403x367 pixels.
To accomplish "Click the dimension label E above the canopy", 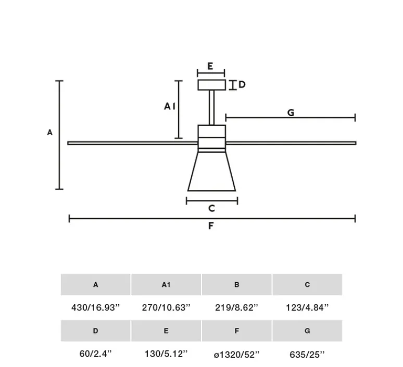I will (x=210, y=66).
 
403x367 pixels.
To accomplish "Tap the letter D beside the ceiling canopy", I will (x=242, y=84).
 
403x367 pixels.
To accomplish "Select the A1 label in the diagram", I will (x=170, y=106).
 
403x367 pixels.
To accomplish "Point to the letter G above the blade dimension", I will (x=291, y=112).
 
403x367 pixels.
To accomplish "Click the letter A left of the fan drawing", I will (x=50, y=132).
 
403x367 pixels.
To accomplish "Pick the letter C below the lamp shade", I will (x=211, y=208).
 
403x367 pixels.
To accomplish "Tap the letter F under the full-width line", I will (x=211, y=226).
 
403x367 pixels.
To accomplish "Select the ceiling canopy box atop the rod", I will (x=211, y=84).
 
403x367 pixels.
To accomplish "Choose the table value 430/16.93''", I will (x=95, y=308).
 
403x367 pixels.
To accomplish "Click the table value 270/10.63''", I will (x=166, y=308).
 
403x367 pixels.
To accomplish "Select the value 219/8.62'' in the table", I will (x=236, y=308).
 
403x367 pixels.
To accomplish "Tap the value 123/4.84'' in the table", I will (x=307, y=308).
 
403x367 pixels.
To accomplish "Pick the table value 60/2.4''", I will (x=95, y=354).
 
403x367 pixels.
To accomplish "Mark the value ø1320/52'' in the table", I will (x=236, y=354).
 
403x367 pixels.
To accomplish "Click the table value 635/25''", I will (x=307, y=354).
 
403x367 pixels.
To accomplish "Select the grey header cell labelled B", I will (x=236, y=285).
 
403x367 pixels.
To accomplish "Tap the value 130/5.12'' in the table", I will (x=166, y=354).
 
